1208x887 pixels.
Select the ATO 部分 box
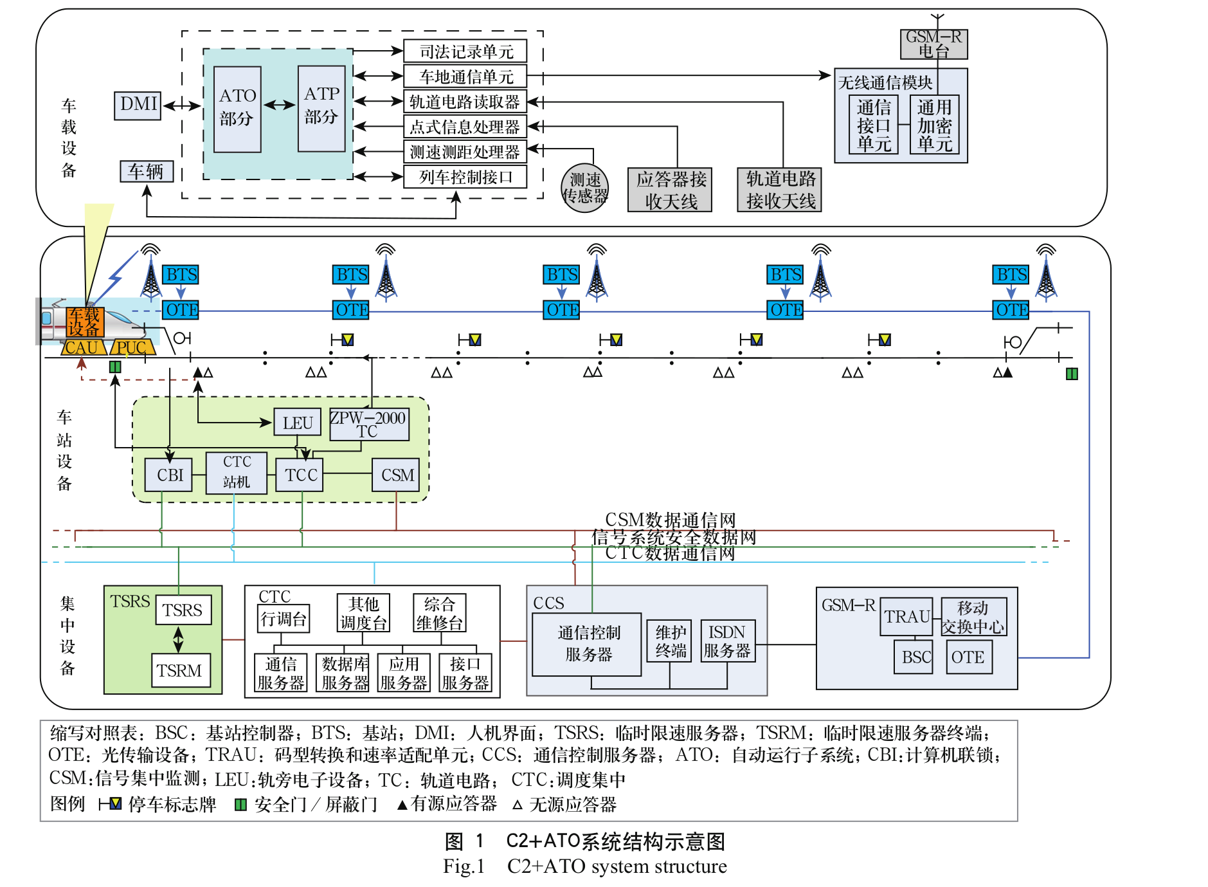coord(237,109)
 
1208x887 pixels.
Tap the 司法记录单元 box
coord(465,51)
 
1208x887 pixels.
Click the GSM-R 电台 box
coord(933,44)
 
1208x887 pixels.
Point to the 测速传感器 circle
coord(584,188)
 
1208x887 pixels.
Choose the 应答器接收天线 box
coord(670,190)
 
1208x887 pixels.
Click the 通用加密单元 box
coord(934,125)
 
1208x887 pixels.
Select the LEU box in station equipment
coord(297,423)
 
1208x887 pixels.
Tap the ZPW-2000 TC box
coord(369,425)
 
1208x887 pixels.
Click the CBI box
coord(169,475)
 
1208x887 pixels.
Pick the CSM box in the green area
coord(396,475)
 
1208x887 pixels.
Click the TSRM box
coord(180,671)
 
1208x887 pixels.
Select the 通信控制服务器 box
coord(587,644)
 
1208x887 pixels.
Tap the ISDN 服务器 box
coord(727,641)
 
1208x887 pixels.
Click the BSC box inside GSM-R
coord(914,657)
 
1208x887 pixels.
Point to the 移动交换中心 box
coord(973,617)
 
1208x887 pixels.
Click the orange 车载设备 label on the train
coord(85,322)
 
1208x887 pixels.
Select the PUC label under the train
coord(132,348)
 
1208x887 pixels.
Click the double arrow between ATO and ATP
coord(279,105)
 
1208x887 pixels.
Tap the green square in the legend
coord(240,805)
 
